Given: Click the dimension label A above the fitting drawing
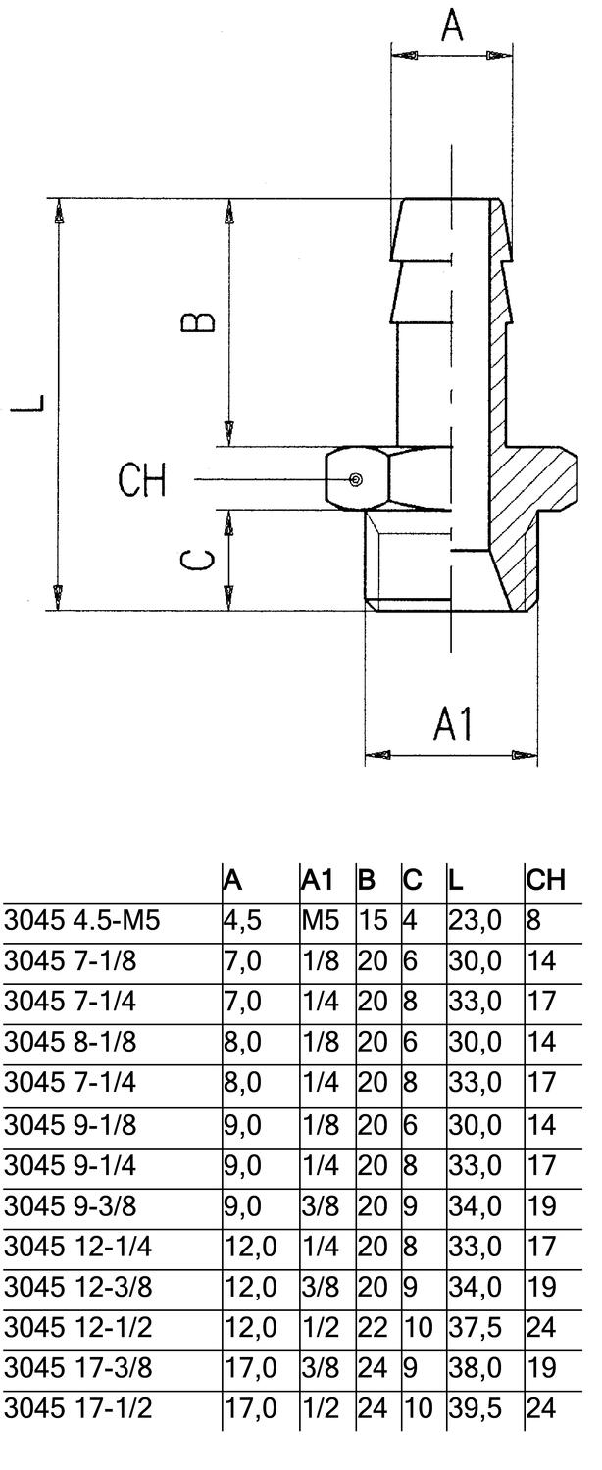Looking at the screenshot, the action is (x=452, y=25).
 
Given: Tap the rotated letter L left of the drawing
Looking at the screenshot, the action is (x=28, y=402).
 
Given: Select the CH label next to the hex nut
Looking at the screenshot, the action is (x=142, y=480).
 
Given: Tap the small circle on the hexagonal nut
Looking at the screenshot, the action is (x=355, y=480).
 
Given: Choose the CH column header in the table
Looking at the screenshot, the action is (x=545, y=880).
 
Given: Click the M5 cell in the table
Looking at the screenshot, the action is (x=321, y=920).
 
